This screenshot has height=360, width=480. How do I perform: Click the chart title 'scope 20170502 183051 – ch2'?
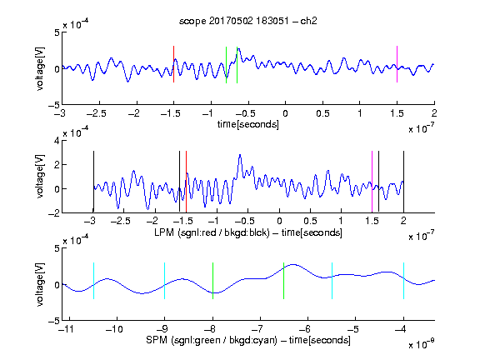(x=248, y=21)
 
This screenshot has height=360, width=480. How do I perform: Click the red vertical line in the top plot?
(x=173, y=64)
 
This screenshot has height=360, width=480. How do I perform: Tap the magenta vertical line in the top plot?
(x=397, y=64)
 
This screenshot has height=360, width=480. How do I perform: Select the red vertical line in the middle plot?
(x=186, y=181)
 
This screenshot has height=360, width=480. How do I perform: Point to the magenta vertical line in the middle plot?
(x=372, y=181)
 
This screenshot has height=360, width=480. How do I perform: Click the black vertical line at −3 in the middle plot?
(x=93, y=181)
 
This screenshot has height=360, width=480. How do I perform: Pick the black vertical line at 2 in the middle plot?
(x=403, y=181)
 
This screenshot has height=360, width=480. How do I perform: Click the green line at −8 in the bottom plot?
(x=212, y=280)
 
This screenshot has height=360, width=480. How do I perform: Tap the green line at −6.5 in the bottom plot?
(x=284, y=280)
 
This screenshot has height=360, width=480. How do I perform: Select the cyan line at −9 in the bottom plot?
(x=165, y=280)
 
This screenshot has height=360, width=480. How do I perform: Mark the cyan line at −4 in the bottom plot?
(x=403, y=280)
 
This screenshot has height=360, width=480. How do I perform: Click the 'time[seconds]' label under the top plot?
(x=248, y=124)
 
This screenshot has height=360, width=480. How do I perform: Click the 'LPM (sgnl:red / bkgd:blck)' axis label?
(x=212, y=232)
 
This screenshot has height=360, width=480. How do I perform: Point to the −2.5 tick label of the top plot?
(x=96, y=113)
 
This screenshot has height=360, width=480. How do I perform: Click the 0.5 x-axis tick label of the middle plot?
(x=310, y=221)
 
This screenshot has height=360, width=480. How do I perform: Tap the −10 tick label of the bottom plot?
(x=114, y=329)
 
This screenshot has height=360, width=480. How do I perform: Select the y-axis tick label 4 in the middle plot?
(x=57, y=141)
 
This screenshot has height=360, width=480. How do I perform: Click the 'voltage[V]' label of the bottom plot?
(x=40, y=284)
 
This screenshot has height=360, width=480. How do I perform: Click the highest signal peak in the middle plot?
(x=240, y=155)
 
